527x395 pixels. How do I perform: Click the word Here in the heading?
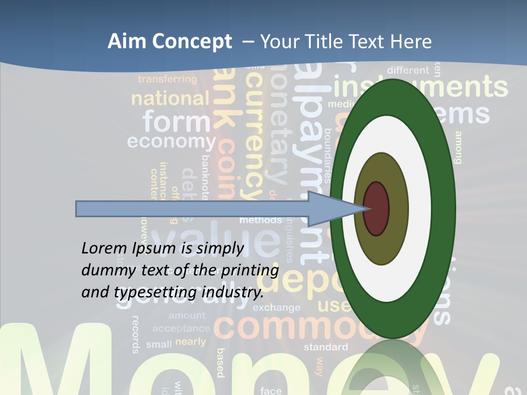click(410, 42)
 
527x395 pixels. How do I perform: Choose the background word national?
click(170, 99)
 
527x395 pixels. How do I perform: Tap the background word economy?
click(171, 142)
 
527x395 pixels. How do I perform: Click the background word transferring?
click(167, 79)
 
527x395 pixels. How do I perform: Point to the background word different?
click(408, 70)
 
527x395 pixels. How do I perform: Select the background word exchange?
click(277, 308)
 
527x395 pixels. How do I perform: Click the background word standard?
click(326, 347)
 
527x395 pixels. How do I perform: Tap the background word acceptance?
click(181, 329)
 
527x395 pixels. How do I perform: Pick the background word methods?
click(260, 220)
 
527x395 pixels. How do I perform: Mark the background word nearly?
click(190, 342)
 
